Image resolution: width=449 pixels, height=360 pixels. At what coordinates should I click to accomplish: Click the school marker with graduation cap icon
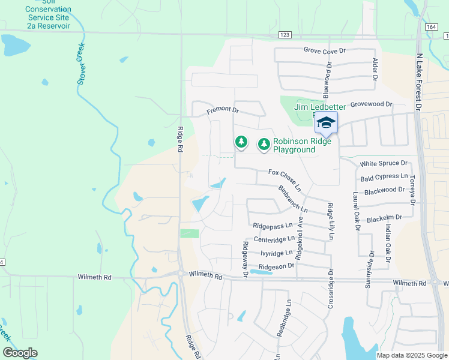[326, 123]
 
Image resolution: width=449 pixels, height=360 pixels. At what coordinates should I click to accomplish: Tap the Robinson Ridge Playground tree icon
[264, 145]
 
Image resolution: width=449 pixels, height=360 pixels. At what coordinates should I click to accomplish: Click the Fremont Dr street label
[223, 111]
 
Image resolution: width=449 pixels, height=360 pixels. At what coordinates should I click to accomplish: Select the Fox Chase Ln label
[284, 176]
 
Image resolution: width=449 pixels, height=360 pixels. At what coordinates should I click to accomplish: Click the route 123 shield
[285, 36]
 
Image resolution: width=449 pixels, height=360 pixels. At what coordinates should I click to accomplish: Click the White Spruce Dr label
[384, 163]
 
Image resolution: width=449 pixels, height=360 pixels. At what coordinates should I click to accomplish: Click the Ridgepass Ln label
[273, 226]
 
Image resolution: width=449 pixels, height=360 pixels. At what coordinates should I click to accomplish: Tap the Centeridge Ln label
[274, 239]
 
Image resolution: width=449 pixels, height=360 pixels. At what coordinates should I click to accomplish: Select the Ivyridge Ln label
[276, 253]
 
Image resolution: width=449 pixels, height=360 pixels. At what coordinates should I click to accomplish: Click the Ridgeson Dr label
[276, 266]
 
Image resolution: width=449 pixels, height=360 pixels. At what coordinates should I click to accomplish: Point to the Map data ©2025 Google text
[411, 355]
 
